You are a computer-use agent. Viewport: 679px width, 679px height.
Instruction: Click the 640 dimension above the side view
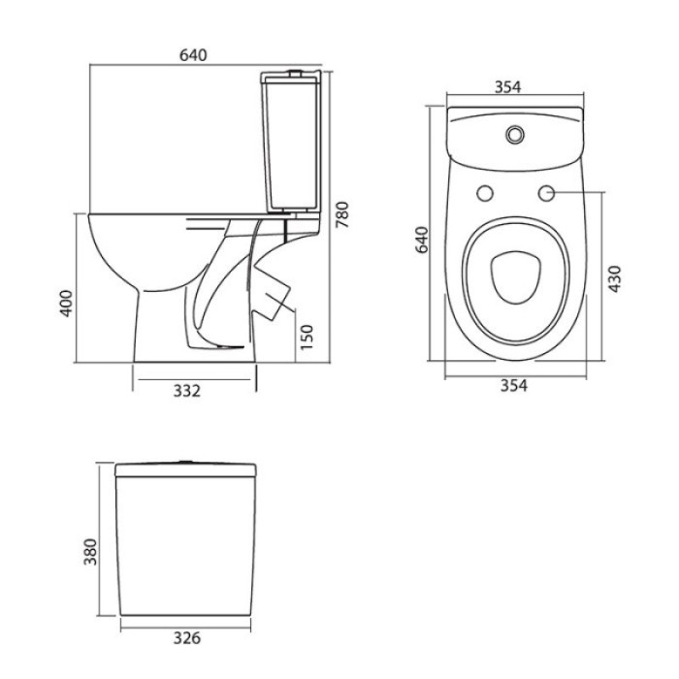pyautogui.click(x=193, y=55)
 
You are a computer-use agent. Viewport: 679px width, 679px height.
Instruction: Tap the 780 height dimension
pyautogui.click(x=342, y=214)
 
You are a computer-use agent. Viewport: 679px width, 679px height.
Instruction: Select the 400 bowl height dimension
pyautogui.click(x=66, y=303)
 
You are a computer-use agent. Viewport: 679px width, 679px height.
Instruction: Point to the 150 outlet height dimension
pyautogui.click(x=307, y=337)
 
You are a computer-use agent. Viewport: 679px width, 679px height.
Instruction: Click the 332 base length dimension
pyautogui.click(x=187, y=391)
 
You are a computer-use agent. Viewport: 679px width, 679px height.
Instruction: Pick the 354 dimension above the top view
pyautogui.click(x=508, y=87)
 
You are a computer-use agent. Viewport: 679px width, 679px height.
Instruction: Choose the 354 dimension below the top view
pyautogui.click(x=514, y=385)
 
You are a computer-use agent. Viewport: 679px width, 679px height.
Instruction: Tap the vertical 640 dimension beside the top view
pyautogui.click(x=421, y=240)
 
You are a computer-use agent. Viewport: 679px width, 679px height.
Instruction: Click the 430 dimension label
pyautogui.click(x=614, y=278)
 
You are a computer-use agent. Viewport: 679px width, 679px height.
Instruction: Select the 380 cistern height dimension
pyautogui.click(x=90, y=551)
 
